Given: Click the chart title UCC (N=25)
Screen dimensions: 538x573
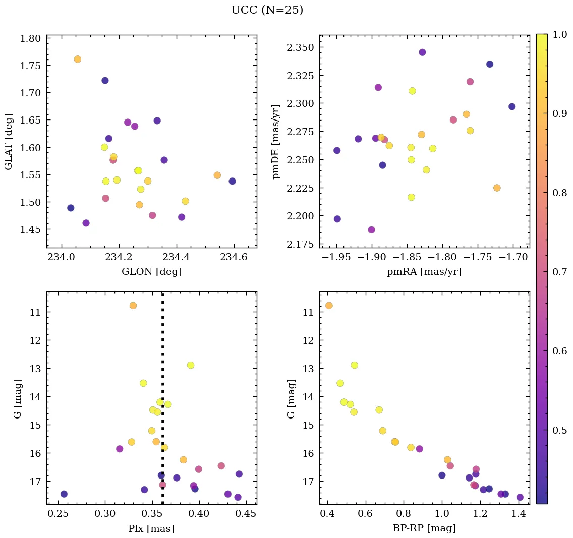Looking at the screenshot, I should click(x=267, y=10).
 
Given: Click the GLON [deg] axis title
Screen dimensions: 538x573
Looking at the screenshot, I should click(x=152, y=272).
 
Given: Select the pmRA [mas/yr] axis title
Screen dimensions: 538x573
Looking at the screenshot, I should click(x=424, y=272).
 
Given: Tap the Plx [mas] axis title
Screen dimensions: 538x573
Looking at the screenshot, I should click(x=151, y=528).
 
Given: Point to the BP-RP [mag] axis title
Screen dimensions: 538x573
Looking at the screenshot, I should click(x=424, y=528).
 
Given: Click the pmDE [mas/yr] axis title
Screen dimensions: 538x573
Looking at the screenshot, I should click(x=275, y=141).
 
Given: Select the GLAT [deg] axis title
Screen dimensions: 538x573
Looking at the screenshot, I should click(x=9, y=141).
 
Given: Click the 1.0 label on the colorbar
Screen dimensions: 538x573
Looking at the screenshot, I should click(x=559, y=34).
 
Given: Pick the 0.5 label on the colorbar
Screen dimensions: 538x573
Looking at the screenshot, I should click(x=559, y=430).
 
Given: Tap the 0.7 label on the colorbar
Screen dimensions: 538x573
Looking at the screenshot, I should click(x=559, y=272).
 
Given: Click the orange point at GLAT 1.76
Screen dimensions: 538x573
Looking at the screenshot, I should click(x=77, y=59).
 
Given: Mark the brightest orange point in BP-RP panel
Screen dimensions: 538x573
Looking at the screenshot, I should click(x=329, y=305).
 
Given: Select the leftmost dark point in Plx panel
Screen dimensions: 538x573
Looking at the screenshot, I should click(x=64, y=494).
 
